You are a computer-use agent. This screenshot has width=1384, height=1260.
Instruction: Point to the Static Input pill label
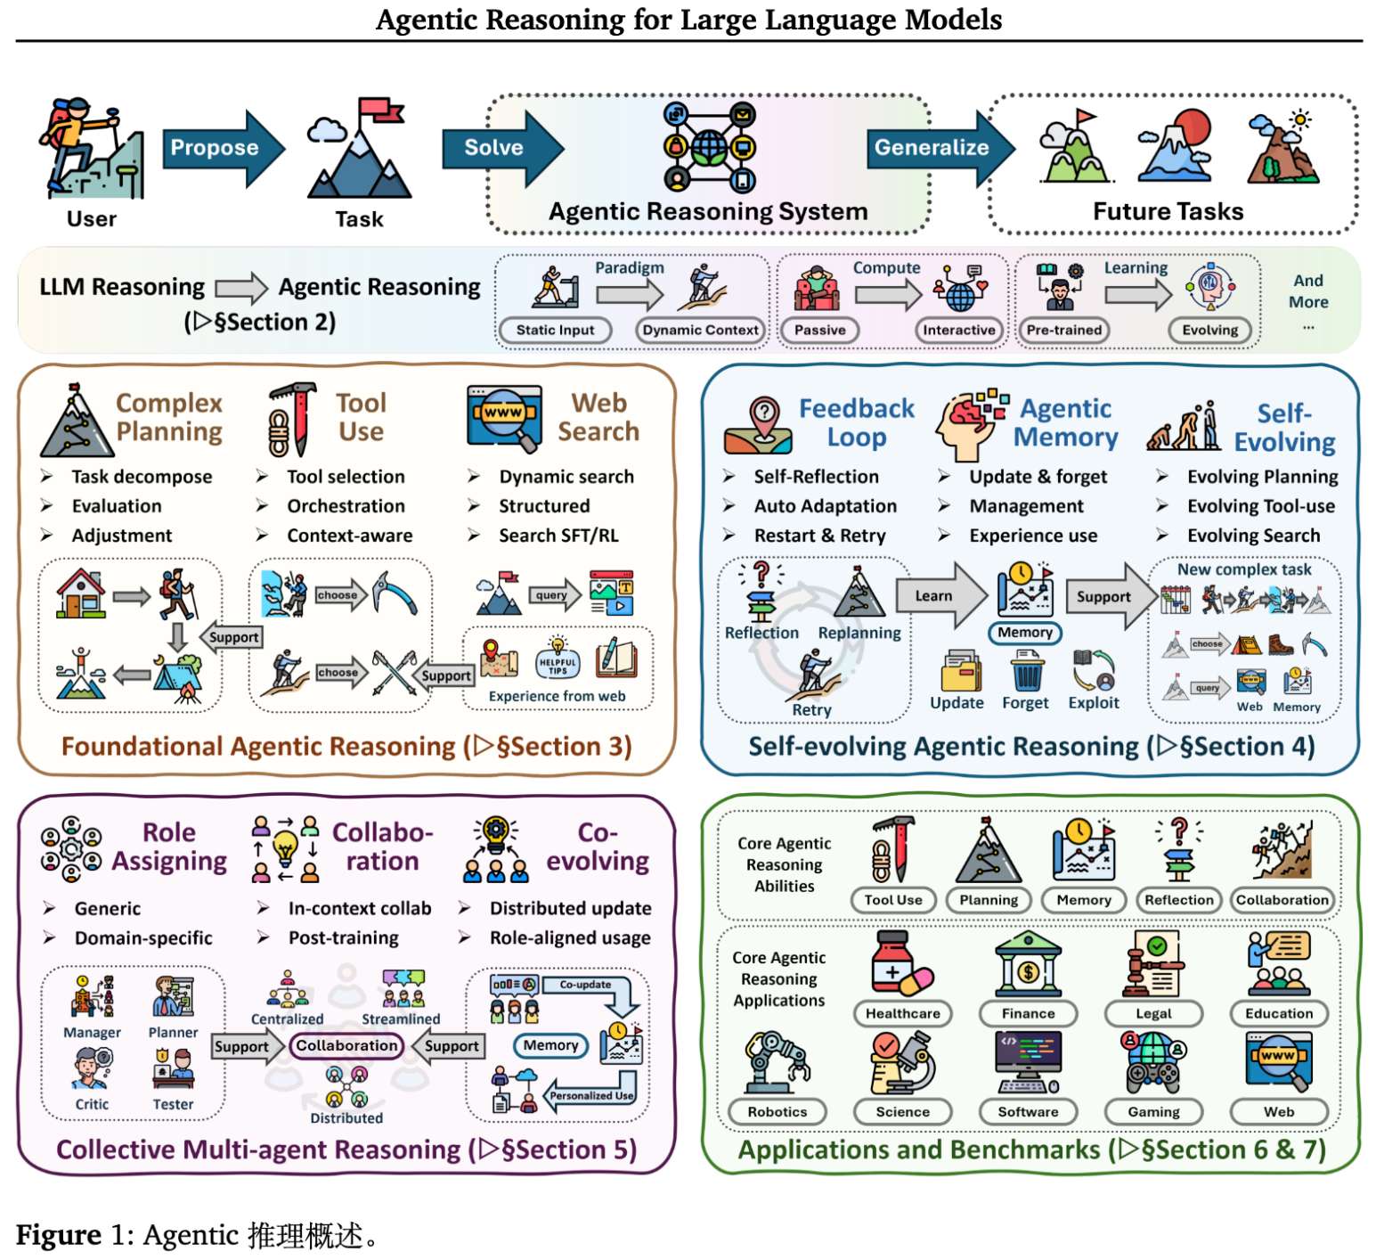coord(555,330)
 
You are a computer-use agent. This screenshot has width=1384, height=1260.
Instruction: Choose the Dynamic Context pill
coord(701,330)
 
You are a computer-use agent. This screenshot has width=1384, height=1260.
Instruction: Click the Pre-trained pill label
coord(1064,330)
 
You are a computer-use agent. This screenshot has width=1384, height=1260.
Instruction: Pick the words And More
coord(1308,291)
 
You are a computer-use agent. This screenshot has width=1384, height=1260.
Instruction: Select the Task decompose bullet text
coord(142,477)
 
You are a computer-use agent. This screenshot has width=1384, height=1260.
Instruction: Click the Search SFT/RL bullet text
coord(558,536)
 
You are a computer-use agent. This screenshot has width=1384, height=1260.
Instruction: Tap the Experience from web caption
coord(557,696)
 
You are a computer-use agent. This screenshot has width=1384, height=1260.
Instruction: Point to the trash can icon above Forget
coord(1027,670)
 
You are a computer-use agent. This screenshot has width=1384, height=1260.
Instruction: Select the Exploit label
coord(1094,702)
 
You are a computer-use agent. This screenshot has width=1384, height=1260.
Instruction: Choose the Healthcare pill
coord(902,1013)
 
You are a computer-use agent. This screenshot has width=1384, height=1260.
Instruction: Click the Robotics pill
coord(777,1111)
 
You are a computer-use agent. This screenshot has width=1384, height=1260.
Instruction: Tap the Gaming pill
coord(1153,1111)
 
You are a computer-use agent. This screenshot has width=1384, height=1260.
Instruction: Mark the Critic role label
coord(92,1104)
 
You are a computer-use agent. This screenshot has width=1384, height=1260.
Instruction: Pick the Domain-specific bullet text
coord(143,938)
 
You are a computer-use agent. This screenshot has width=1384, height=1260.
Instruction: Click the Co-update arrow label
coord(585,985)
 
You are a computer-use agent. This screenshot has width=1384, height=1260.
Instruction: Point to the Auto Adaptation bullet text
coord(826,506)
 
